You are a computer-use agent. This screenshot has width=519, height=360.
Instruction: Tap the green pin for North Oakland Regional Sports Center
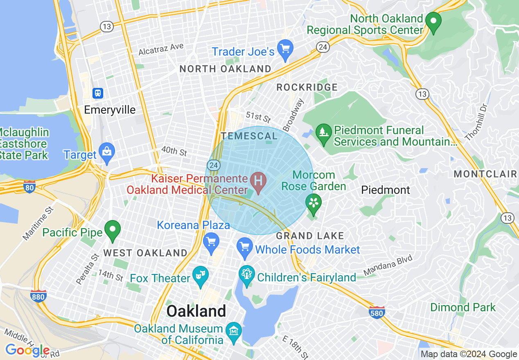tap(433, 21)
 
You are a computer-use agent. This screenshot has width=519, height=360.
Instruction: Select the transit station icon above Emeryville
tap(98, 93)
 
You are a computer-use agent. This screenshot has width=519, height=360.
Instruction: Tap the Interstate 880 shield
tap(38, 296)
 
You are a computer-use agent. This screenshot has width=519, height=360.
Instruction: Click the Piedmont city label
tap(385, 190)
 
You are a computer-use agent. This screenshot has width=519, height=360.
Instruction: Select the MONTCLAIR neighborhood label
tap(485, 174)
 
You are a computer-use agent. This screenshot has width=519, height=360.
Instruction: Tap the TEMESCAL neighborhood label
tap(249, 136)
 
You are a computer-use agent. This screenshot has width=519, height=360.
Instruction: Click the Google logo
tap(27, 350)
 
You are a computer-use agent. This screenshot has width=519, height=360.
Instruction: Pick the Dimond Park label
tap(463, 307)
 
